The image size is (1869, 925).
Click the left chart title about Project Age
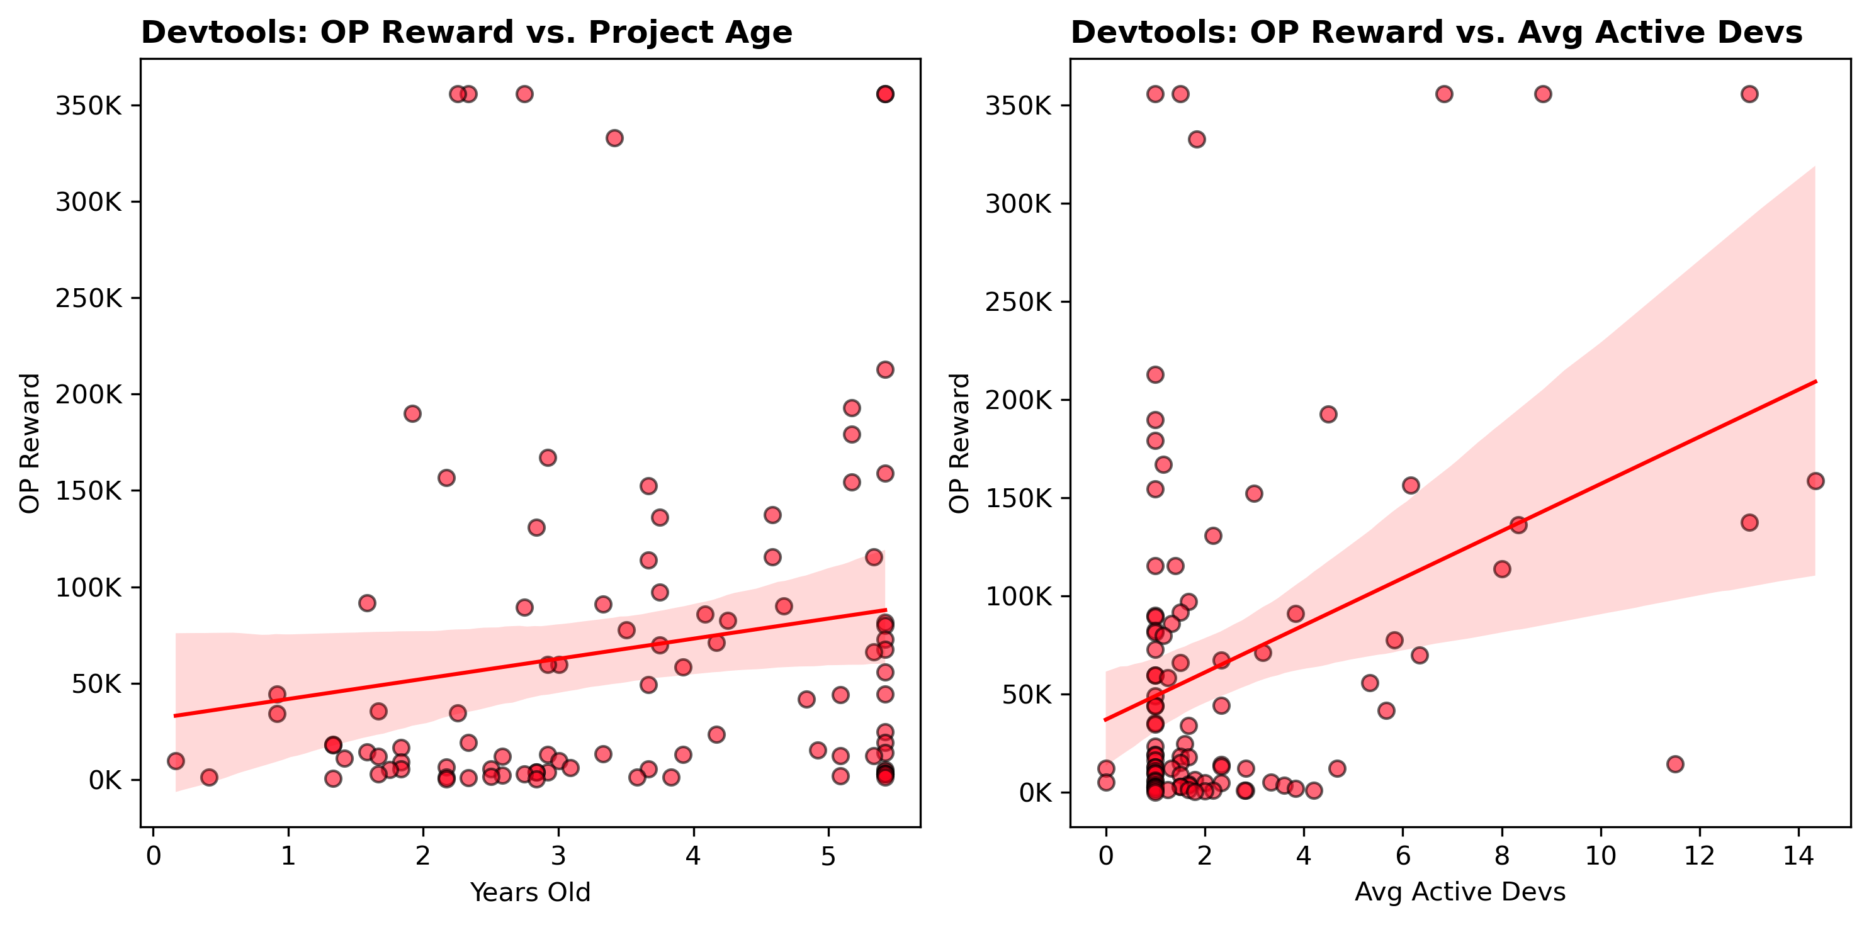coord(466,33)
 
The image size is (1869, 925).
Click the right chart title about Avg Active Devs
coord(1437,33)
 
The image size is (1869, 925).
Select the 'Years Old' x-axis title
coord(531,892)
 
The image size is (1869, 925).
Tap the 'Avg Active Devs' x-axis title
coord(1460,892)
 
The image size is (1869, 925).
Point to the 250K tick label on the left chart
coord(89,298)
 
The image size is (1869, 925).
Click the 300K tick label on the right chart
coord(1018,204)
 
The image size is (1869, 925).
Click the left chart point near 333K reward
coord(614,138)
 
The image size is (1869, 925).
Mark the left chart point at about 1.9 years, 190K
coord(412,413)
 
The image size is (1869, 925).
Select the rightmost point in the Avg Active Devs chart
coord(1815,481)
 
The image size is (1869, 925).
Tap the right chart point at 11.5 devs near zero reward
coord(1675,764)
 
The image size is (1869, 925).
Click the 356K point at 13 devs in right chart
coord(1749,94)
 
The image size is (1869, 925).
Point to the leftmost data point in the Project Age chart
coord(176,761)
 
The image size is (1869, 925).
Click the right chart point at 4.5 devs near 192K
coord(1328,414)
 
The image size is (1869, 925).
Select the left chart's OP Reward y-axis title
coord(30,442)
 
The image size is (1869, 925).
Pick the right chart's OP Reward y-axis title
coord(959,442)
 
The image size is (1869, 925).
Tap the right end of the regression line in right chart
coord(1815,381)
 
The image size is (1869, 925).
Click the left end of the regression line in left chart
coord(176,716)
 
